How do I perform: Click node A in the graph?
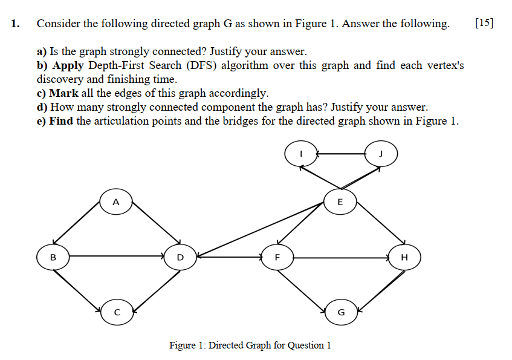pyautogui.click(x=116, y=201)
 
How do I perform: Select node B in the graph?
pyautogui.click(x=53, y=257)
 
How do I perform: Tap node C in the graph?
pyautogui.click(x=117, y=312)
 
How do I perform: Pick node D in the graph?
pyautogui.click(x=180, y=257)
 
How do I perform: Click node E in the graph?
pyautogui.click(x=339, y=201)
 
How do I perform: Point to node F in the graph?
pyautogui.click(x=277, y=257)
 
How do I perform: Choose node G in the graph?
pyautogui.click(x=340, y=312)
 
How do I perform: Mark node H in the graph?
pyautogui.click(x=404, y=257)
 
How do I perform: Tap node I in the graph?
pyautogui.click(x=301, y=154)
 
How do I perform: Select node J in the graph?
pyautogui.click(x=381, y=154)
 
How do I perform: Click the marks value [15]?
pyautogui.click(x=484, y=24)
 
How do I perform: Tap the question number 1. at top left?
pyautogui.click(x=16, y=24)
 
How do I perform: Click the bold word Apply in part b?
pyautogui.click(x=68, y=65)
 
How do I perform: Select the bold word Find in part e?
pyautogui.click(x=61, y=120)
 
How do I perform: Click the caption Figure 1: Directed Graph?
pyautogui.click(x=250, y=345)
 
